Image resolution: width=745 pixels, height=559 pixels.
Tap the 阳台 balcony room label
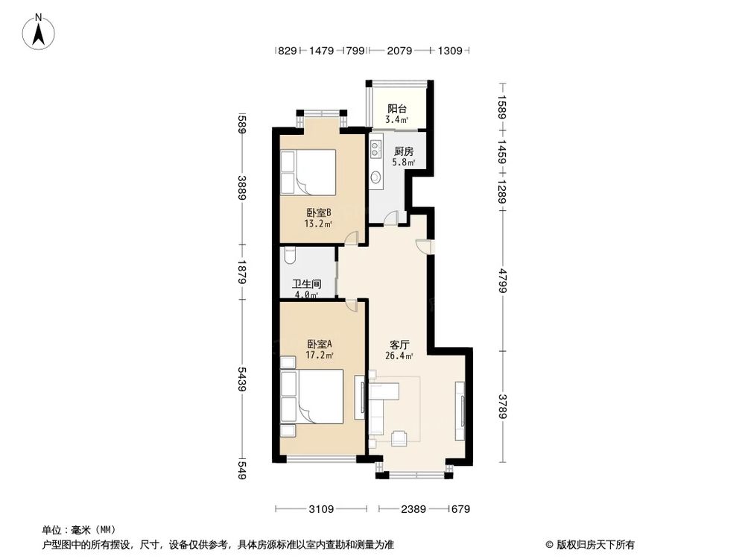(x=396, y=108)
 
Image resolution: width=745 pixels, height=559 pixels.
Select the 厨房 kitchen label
(x=403, y=151)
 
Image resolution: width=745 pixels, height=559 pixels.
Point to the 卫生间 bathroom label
(x=306, y=284)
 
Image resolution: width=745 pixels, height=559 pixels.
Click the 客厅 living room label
(x=400, y=345)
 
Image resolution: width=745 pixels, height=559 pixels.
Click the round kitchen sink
(x=376, y=177)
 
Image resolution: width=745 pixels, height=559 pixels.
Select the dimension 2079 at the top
(x=400, y=51)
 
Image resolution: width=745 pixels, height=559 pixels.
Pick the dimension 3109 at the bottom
(x=320, y=510)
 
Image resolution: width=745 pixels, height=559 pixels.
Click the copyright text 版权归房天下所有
(x=594, y=544)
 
